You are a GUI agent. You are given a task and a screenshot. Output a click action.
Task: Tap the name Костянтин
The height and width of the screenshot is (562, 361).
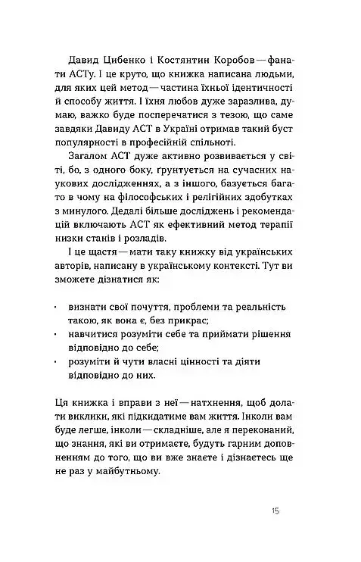click(190, 58)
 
